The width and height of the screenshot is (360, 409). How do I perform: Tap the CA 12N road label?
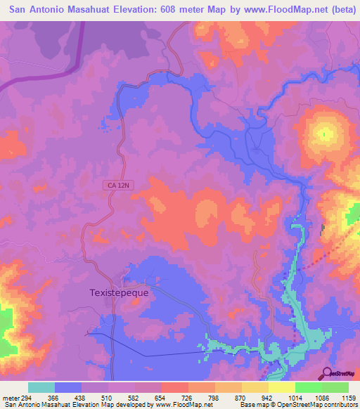(120, 185)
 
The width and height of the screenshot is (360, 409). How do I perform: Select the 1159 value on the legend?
(348, 397)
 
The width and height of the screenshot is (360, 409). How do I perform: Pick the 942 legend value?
(269, 397)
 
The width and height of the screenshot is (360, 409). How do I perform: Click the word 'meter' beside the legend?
(11, 397)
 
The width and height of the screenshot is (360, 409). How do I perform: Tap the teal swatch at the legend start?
(41, 387)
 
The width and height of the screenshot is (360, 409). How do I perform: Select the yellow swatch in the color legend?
(282, 387)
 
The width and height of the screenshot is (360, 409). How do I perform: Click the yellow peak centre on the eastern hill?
(324, 134)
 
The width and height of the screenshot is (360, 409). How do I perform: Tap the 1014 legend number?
(295, 397)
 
